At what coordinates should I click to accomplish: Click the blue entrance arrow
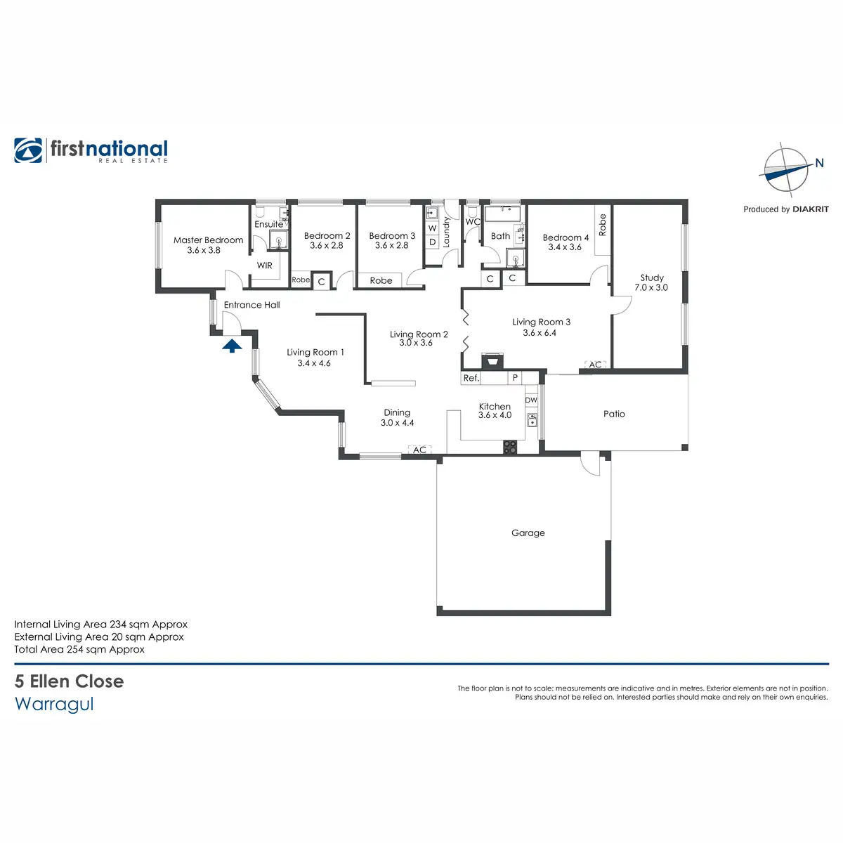232,346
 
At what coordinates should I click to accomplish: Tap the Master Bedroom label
208,240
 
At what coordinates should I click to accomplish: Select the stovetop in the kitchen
509,447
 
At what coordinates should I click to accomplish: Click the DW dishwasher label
531,400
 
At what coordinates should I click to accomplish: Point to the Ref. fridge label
471,378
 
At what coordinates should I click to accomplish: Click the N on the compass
819,163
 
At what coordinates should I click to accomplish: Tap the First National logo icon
28,150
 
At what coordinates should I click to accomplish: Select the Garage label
528,532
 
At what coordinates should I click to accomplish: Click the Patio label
614,414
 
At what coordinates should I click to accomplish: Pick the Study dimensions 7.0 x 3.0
651,287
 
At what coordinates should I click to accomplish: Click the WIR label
264,265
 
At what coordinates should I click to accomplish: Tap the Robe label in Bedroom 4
602,225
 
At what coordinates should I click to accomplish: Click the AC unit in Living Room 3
595,365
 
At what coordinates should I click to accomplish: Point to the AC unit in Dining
419,450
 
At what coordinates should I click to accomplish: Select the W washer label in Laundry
432,228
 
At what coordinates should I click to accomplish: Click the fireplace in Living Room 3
492,360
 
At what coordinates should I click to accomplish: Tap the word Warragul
54,704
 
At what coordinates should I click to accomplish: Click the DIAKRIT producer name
811,209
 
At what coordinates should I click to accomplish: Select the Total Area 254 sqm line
79,649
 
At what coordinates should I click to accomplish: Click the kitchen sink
532,420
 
